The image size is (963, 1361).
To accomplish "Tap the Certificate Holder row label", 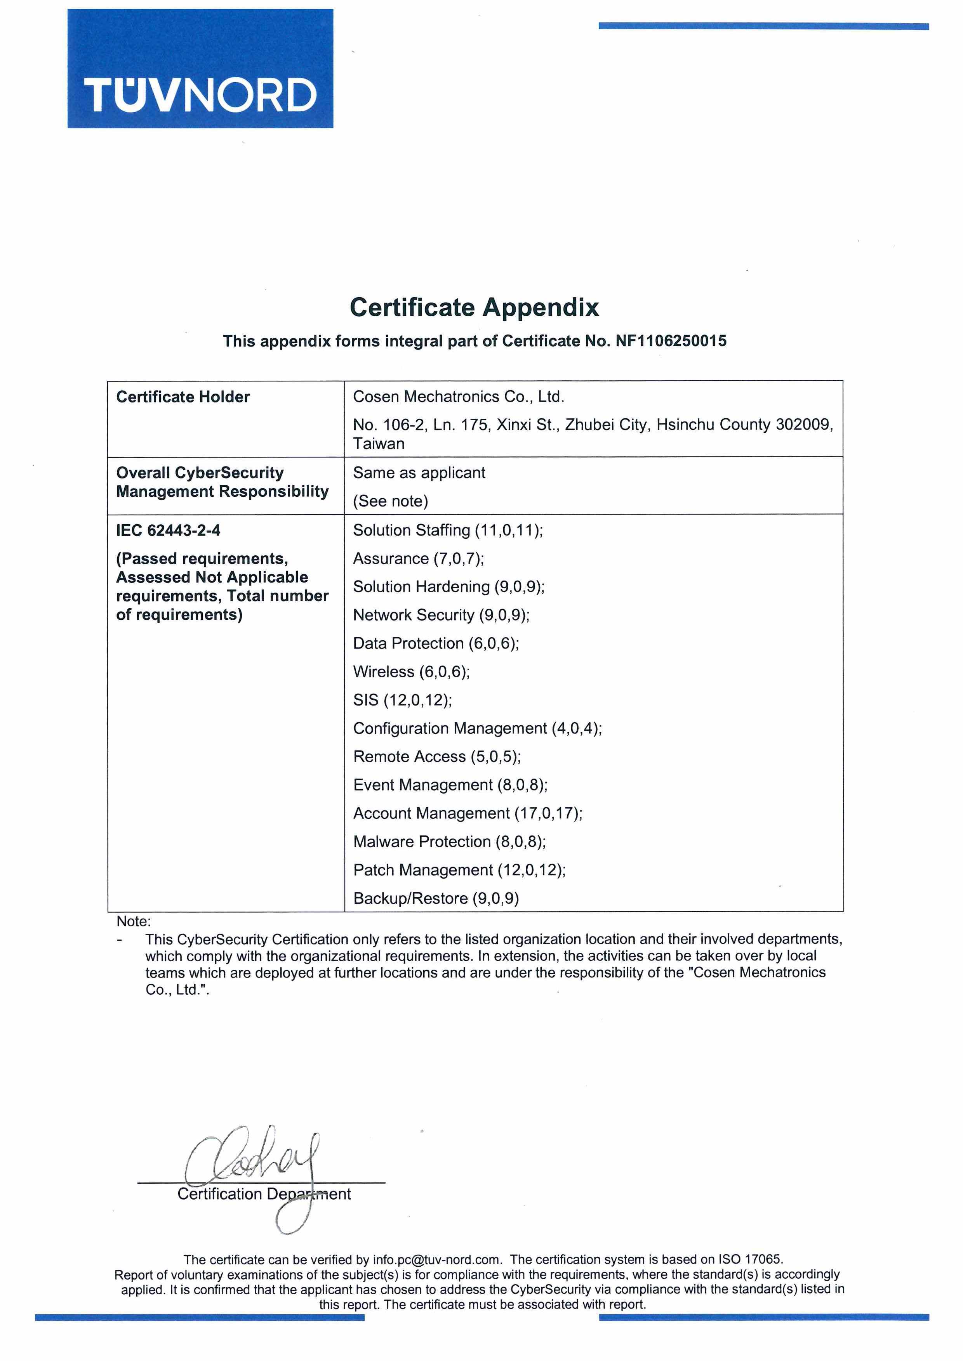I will [x=183, y=397].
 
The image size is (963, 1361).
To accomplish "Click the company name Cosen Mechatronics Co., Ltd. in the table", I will [x=458, y=397].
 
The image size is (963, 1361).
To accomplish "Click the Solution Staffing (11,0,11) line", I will [x=448, y=530].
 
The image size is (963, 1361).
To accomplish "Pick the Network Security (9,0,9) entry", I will [x=441, y=615].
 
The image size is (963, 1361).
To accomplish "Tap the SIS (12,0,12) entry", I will [x=402, y=700].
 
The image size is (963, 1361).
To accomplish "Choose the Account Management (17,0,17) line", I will [x=467, y=813].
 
